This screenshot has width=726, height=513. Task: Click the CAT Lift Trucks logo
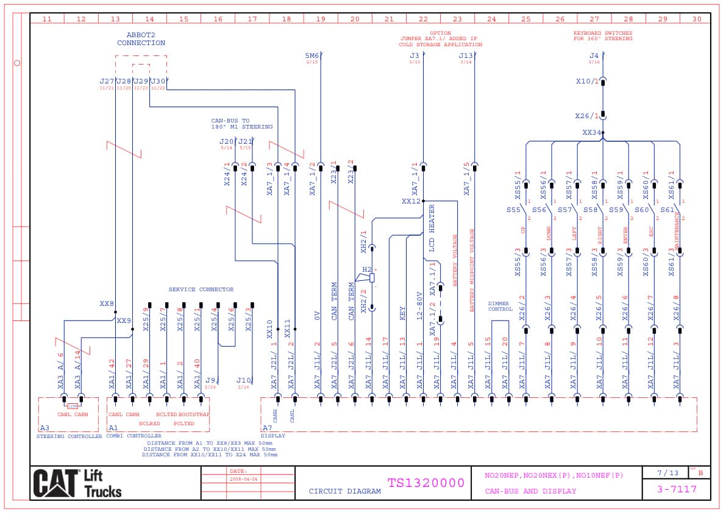(77, 483)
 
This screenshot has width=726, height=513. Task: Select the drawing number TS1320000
(425, 483)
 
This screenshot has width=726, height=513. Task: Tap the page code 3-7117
(677, 489)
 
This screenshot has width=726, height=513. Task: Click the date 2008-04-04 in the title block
(244, 479)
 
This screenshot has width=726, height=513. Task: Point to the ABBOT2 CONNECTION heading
(141, 39)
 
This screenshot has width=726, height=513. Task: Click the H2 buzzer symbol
(368, 278)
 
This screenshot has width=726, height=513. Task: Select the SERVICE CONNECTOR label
(201, 289)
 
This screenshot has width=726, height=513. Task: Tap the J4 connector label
(594, 56)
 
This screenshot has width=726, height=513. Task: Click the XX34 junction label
(591, 132)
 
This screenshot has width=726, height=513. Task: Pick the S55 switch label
(513, 210)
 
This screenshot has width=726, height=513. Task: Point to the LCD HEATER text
(432, 228)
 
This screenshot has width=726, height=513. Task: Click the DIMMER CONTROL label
(500, 306)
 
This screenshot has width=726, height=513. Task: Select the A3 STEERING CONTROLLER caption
(69, 436)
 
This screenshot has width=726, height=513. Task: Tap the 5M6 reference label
(311, 56)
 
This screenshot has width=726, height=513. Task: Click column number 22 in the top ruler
(423, 19)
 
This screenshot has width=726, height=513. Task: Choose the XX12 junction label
(411, 201)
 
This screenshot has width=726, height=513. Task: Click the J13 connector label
(466, 56)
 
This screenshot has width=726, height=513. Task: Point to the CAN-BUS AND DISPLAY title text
(530, 491)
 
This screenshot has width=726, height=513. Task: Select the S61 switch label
(667, 210)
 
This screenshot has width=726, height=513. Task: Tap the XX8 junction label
(107, 303)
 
